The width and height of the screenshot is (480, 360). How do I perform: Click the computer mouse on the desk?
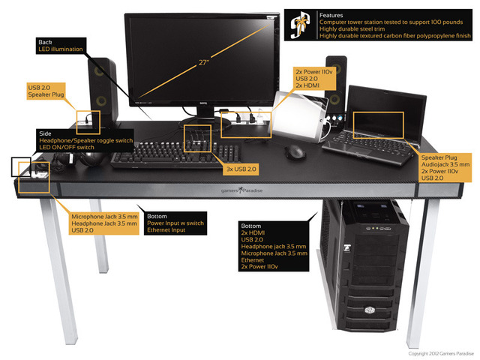[295, 152]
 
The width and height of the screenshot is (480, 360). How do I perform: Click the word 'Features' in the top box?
[332, 14]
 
